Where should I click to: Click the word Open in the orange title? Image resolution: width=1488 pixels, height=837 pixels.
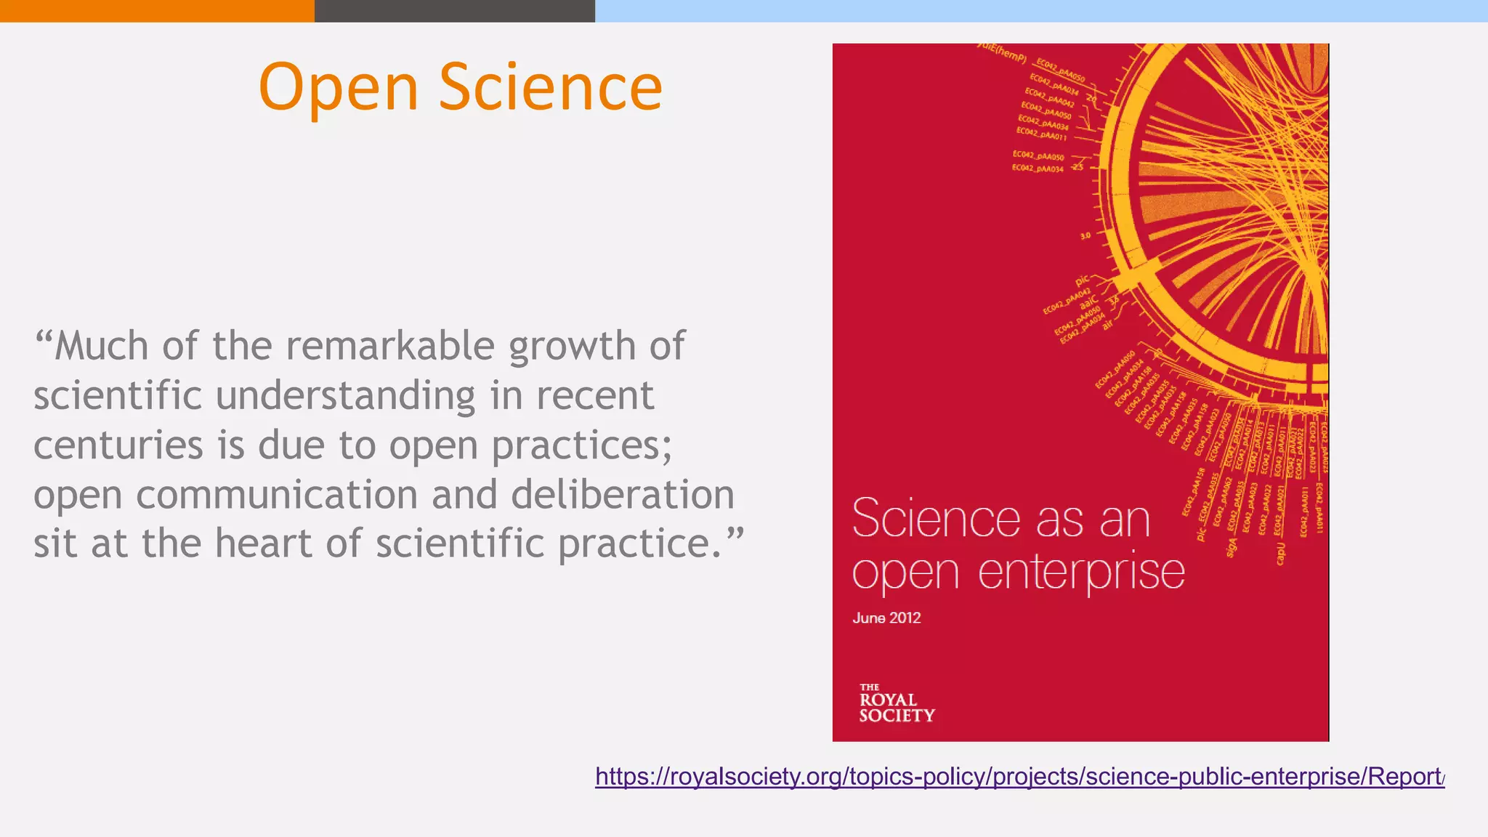[339, 88]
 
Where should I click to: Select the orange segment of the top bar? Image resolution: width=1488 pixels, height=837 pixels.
[157, 11]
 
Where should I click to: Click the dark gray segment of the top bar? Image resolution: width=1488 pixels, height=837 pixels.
[455, 11]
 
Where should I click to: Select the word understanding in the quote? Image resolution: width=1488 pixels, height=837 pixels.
[346, 396]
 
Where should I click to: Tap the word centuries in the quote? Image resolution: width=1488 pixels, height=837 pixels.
[118, 445]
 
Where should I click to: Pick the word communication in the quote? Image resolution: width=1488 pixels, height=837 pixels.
[277, 495]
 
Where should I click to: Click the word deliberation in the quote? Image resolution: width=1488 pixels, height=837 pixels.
[623, 495]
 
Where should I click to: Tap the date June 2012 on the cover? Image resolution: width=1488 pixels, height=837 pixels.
[886, 618]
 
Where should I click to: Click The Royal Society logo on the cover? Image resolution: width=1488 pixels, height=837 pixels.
[896, 703]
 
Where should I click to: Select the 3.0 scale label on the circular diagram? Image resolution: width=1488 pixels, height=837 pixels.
[1085, 236]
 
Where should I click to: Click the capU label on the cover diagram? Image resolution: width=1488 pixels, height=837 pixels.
[1280, 553]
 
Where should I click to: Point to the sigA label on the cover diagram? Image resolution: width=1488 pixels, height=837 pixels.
[1231, 547]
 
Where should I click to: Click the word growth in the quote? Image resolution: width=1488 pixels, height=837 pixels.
[571, 347]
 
